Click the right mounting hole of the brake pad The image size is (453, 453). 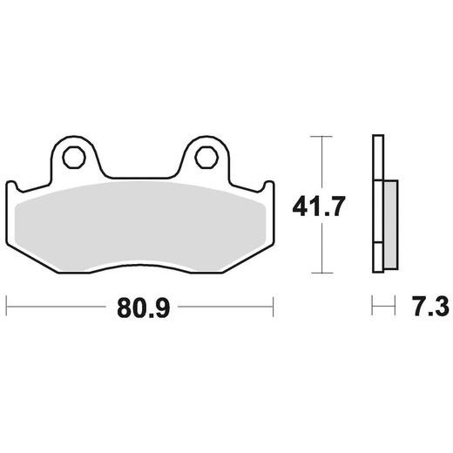tap(206, 157)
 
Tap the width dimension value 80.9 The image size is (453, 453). tap(140, 307)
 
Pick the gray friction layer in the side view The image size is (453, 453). tap(389, 221)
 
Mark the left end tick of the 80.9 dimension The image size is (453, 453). tap(7, 307)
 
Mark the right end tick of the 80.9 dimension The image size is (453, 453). tap(274, 307)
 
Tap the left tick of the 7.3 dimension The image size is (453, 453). tap(373, 307)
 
